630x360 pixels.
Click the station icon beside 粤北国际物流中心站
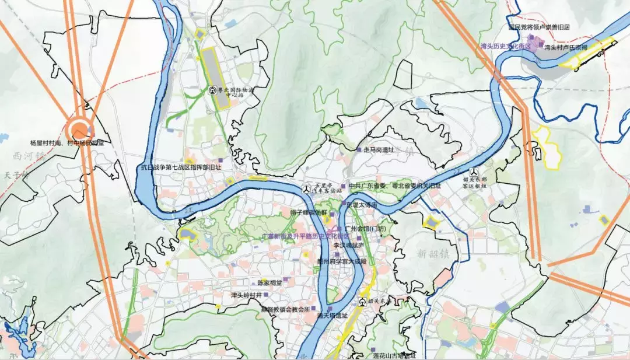click(x=213, y=90)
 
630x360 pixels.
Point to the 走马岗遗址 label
click(x=379, y=150)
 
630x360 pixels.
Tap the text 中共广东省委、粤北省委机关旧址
click(x=395, y=186)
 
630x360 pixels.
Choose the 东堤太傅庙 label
click(x=362, y=205)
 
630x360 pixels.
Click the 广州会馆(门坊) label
click(x=366, y=228)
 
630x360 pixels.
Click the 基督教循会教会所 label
click(x=285, y=309)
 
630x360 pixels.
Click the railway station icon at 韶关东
click(x=363, y=302)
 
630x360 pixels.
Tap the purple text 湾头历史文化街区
click(x=505, y=46)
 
